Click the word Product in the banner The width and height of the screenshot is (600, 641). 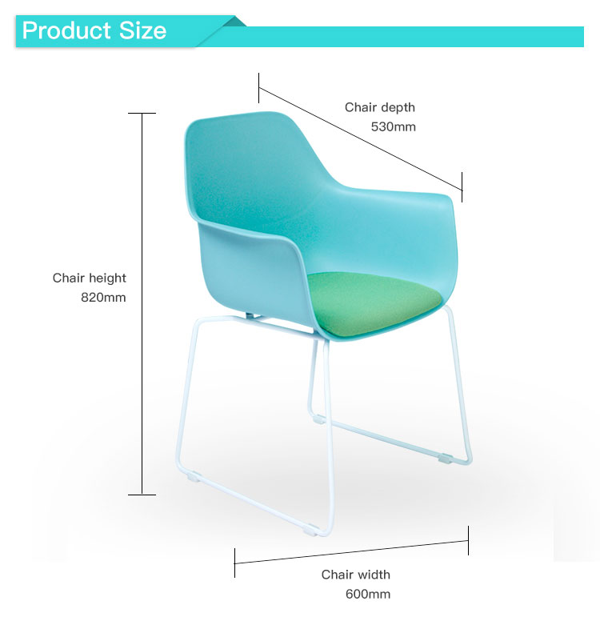(66, 30)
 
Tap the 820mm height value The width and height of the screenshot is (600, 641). (103, 297)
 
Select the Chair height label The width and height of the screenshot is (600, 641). (89, 278)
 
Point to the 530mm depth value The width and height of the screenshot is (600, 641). (393, 126)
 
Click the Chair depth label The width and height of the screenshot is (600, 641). (380, 107)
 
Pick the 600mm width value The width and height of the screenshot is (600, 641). (368, 594)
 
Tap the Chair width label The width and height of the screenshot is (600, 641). (355, 575)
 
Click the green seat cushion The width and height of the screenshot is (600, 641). (373, 303)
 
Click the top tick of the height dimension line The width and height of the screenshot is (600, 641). (142, 114)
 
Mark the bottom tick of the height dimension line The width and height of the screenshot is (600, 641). (142, 495)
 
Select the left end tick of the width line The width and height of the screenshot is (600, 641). (234, 563)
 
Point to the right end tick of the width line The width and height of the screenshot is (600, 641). (468, 541)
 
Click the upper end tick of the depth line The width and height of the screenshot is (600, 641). (258, 88)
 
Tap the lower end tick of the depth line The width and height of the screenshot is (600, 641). (462, 186)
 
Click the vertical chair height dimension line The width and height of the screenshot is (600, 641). (142, 304)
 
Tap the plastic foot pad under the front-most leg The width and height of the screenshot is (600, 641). (310, 531)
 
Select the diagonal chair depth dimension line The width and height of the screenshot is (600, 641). (361, 138)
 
